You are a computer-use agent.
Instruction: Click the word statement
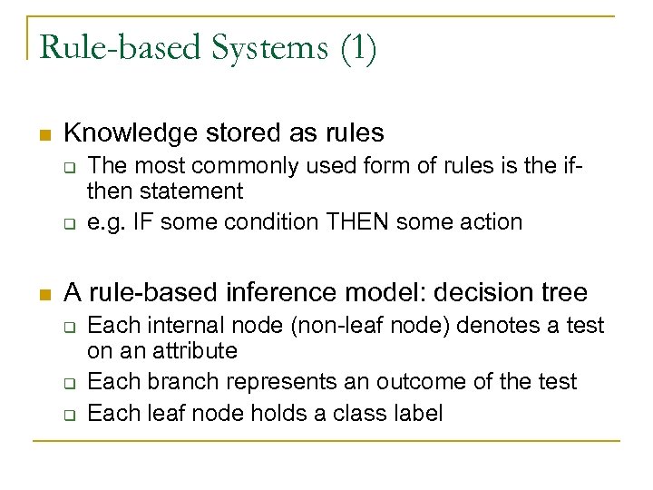(x=200, y=191)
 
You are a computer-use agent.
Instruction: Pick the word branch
(x=167, y=381)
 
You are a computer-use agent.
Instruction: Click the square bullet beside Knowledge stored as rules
(x=41, y=135)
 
